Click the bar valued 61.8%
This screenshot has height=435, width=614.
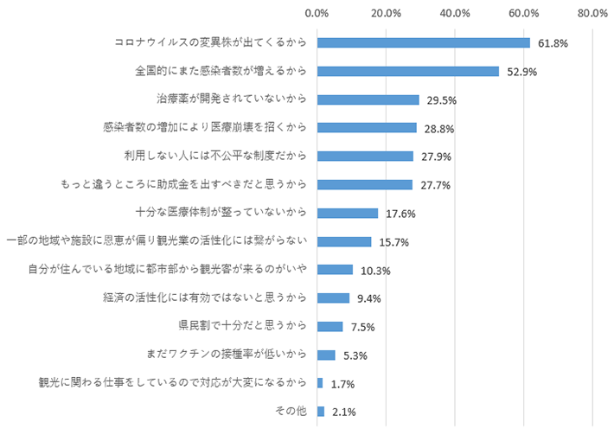424,42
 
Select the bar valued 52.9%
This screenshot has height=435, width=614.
408,71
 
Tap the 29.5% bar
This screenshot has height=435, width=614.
368,99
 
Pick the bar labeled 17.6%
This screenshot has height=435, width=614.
348,213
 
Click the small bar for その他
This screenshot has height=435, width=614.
321,412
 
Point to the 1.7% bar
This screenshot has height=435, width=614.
320,383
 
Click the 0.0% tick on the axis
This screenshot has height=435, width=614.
317,13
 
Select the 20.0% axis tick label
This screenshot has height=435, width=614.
386,13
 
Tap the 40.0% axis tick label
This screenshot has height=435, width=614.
455,13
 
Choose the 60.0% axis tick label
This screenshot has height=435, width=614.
524,13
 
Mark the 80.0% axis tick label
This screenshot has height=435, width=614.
592,13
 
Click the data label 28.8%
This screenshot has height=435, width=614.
435,129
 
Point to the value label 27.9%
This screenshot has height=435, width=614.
432,157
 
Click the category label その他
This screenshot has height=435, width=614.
296,412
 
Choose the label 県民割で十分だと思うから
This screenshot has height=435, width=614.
243,326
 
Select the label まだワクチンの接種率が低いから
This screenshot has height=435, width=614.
231,355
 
